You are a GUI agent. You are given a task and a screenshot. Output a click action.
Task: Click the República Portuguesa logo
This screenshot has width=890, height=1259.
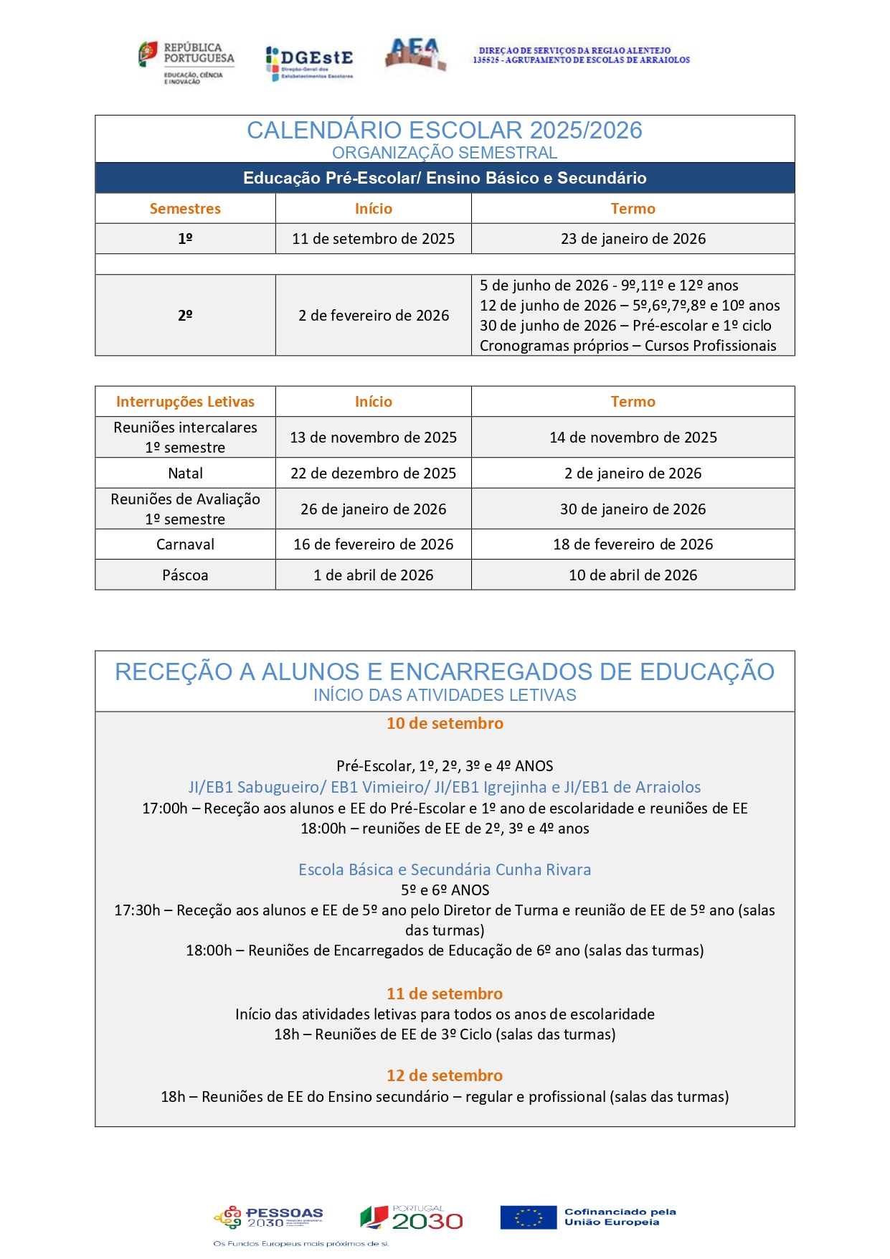[186, 62]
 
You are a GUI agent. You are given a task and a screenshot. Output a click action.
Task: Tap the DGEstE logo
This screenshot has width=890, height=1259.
[309, 62]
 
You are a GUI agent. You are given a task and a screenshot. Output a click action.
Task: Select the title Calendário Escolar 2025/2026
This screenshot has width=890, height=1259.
[445, 130]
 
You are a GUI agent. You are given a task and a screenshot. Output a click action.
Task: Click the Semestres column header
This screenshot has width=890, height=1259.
[185, 209]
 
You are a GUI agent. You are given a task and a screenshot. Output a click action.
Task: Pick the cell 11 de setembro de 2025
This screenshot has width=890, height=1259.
[373, 239]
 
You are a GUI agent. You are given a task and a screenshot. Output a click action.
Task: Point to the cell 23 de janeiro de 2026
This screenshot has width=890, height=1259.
[633, 239]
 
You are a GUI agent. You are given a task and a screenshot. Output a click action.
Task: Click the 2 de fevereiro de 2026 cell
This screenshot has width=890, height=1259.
[374, 316]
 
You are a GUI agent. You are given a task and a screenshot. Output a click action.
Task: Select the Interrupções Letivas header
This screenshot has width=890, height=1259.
[185, 402]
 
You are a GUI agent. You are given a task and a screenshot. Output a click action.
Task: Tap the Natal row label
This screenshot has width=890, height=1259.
[185, 473]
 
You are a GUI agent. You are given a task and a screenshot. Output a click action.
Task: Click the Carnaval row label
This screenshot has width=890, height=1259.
[185, 544]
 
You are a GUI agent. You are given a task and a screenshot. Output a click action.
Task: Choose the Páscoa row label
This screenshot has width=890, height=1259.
[185, 575]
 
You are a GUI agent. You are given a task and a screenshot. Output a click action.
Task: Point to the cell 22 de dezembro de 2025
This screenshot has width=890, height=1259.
[373, 473]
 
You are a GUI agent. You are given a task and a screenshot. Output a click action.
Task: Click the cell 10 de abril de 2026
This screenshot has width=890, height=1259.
[633, 575]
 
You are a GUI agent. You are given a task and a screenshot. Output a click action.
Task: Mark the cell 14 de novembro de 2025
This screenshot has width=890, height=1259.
[633, 438]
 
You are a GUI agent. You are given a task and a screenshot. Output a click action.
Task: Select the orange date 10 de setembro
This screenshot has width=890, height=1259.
[445, 723]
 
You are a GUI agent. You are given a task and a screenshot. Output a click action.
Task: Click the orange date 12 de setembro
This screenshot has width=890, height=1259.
[445, 1075]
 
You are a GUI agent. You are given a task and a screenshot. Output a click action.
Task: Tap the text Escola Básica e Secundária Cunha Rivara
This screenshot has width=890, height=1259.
[445, 869]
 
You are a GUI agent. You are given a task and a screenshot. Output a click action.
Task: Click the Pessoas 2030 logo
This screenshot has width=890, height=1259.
[269, 1217]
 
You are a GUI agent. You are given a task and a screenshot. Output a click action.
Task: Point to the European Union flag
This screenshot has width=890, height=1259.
[528, 1217]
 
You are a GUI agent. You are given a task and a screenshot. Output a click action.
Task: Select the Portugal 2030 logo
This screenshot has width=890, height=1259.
[412, 1217]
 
